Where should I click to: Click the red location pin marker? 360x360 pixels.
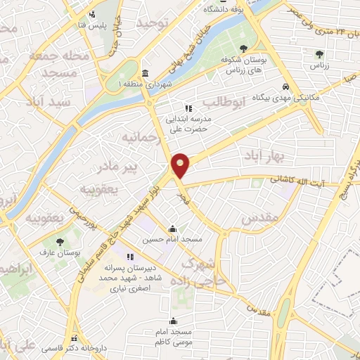[181, 165]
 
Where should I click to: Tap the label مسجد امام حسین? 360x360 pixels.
[173, 240]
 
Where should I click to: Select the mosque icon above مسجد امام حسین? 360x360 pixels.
[173, 229]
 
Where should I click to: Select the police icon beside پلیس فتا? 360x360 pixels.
[91, 14]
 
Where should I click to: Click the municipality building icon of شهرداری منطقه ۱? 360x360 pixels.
[145, 74]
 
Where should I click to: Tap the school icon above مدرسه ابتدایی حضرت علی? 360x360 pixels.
[188, 108]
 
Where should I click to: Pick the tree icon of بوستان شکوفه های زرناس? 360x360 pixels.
[243, 49]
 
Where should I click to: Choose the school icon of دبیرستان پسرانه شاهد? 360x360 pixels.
[129, 257]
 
